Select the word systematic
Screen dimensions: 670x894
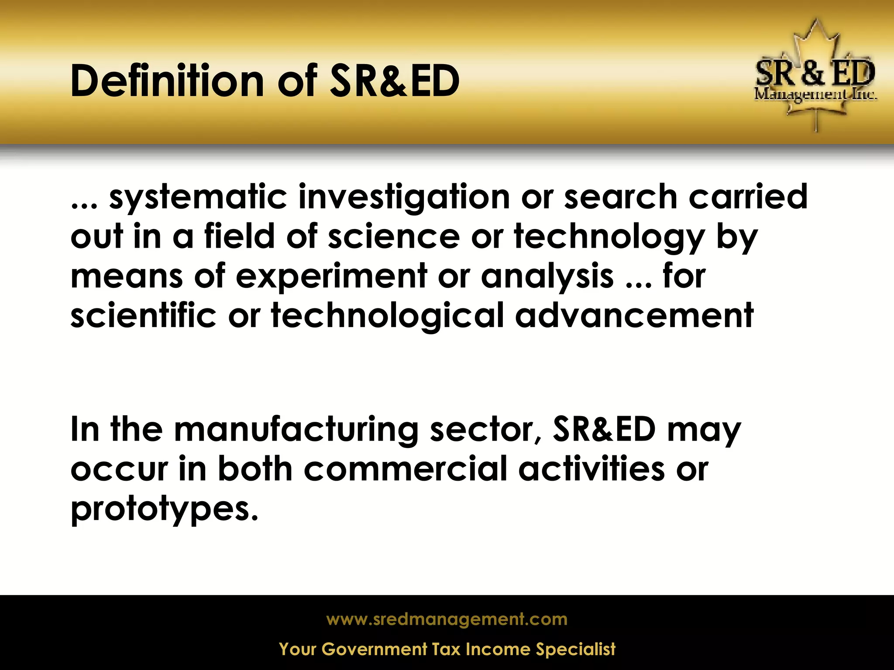coord(198,198)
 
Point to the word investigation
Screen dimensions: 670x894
coord(404,198)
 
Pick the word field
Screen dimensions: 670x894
coord(239,236)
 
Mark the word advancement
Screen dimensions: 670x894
coord(634,315)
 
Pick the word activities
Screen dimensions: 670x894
coord(591,469)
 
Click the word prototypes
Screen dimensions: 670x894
coord(164,509)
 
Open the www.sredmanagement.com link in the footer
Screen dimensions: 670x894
coord(447,619)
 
